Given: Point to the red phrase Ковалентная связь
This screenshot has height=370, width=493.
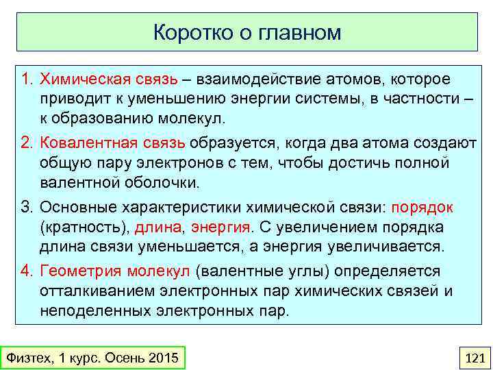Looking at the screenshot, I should pyautogui.click(x=113, y=143).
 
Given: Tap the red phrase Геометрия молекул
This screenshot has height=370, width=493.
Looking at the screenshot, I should pyautogui.click(x=115, y=271).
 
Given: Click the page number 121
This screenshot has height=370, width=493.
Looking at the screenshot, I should pyautogui.click(x=474, y=358).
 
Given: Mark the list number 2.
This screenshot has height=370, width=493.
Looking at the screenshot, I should pyautogui.click(x=27, y=143).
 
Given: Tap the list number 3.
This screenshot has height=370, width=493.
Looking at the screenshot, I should pyautogui.click(x=27, y=207).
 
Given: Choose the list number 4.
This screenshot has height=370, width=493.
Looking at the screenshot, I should pyautogui.click(x=27, y=271).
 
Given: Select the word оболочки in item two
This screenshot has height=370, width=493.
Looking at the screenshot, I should pyautogui.click(x=164, y=182).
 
